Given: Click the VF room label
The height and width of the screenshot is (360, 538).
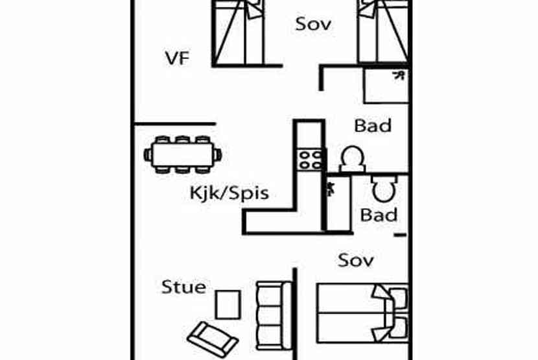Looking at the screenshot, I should (x=176, y=58).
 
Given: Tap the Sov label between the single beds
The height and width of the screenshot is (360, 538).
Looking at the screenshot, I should (x=313, y=24).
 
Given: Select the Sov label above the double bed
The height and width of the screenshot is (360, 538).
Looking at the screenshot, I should (x=356, y=261).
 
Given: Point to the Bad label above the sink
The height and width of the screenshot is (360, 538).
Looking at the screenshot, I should (x=373, y=125).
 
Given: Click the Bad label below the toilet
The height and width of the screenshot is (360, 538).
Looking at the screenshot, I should (x=379, y=215).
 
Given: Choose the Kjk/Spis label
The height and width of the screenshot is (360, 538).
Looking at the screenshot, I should (x=229, y=193).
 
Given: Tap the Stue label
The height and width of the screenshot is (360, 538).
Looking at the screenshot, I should (x=183, y=287).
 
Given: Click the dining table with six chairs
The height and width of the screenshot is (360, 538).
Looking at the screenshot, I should (x=183, y=154).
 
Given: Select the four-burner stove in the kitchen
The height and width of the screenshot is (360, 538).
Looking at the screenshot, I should (x=309, y=159).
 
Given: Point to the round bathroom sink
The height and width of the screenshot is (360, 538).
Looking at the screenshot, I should (x=352, y=158).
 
